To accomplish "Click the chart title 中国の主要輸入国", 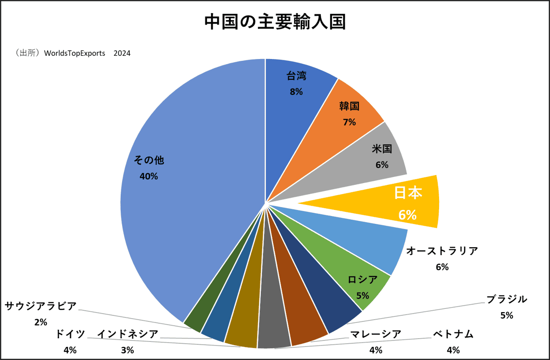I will coord(275,22).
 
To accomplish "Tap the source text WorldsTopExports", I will coord(75,53).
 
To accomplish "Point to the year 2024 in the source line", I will coord(122,53).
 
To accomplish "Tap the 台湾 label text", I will coord(296,76).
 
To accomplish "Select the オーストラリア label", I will coord(442,251).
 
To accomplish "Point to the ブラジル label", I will coord(506,300).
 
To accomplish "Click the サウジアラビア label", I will coord(40,306).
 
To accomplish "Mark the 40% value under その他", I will coord(149,177).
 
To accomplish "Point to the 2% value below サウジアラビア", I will coord(40,322).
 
